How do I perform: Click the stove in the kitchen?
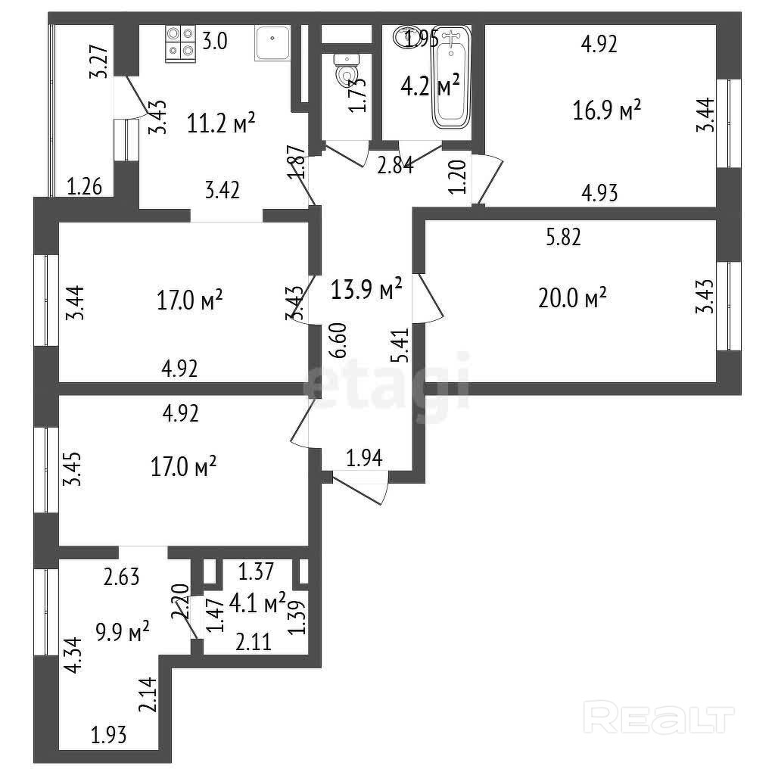(x=181, y=42)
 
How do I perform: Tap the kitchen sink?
(x=271, y=44)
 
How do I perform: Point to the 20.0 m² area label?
(x=573, y=298)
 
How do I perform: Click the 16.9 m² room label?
(x=608, y=111)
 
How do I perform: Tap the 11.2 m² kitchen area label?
(x=221, y=123)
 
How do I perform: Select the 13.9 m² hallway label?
(x=366, y=288)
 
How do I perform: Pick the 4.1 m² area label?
(x=258, y=603)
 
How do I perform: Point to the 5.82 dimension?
(x=563, y=238)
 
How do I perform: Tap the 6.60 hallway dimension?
(x=340, y=341)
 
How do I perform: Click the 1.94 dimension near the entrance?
(x=365, y=456)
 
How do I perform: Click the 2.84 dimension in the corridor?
(x=396, y=164)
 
